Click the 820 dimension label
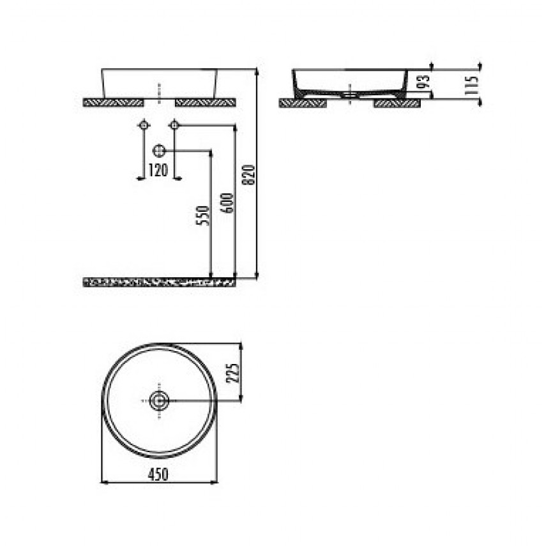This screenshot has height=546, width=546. (250, 175)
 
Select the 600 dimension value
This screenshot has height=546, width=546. (227, 202)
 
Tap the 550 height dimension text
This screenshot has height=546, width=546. (203, 216)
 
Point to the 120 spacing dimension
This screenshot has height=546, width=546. (158, 171)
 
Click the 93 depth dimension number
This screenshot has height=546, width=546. (424, 82)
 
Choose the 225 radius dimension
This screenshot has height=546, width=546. (233, 374)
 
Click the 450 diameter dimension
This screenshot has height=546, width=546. (158, 474)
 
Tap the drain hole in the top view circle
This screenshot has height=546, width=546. (159, 401)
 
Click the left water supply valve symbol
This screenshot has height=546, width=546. (144, 125)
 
